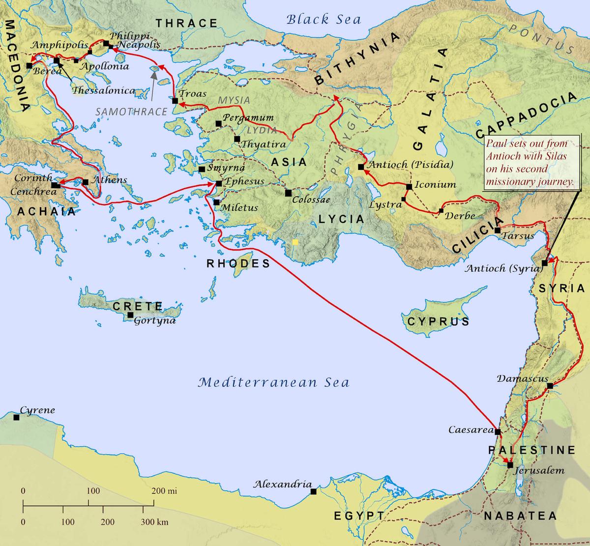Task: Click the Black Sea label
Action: [x=324, y=20]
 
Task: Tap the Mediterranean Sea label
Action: [x=273, y=382]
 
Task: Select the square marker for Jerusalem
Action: [x=510, y=465]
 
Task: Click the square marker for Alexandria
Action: [x=313, y=491]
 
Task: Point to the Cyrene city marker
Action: [x=16, y=417]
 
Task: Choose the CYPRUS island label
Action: [x=438, y=322]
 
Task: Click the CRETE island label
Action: [x=137, y=306]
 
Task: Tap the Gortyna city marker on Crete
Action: [x=130, y=315]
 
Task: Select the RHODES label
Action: [x=238, y=263]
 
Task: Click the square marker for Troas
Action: [x=175, y=101]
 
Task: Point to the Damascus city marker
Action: [x=550, y=386]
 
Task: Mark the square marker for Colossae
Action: [x=288, y=193]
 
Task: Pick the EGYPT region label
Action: [x=359, y=516]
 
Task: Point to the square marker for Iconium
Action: [x=409, y=187]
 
